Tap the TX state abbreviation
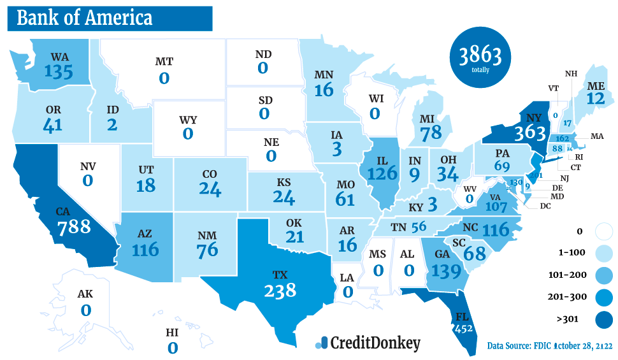[280, 275]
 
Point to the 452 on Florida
[464, 329]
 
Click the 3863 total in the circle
[480, 55]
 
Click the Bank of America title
[85, 18]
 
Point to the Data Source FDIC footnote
[549, 346]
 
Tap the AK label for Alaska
[85, 295]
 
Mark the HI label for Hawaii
[172, 333]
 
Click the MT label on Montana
[164, 62]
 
